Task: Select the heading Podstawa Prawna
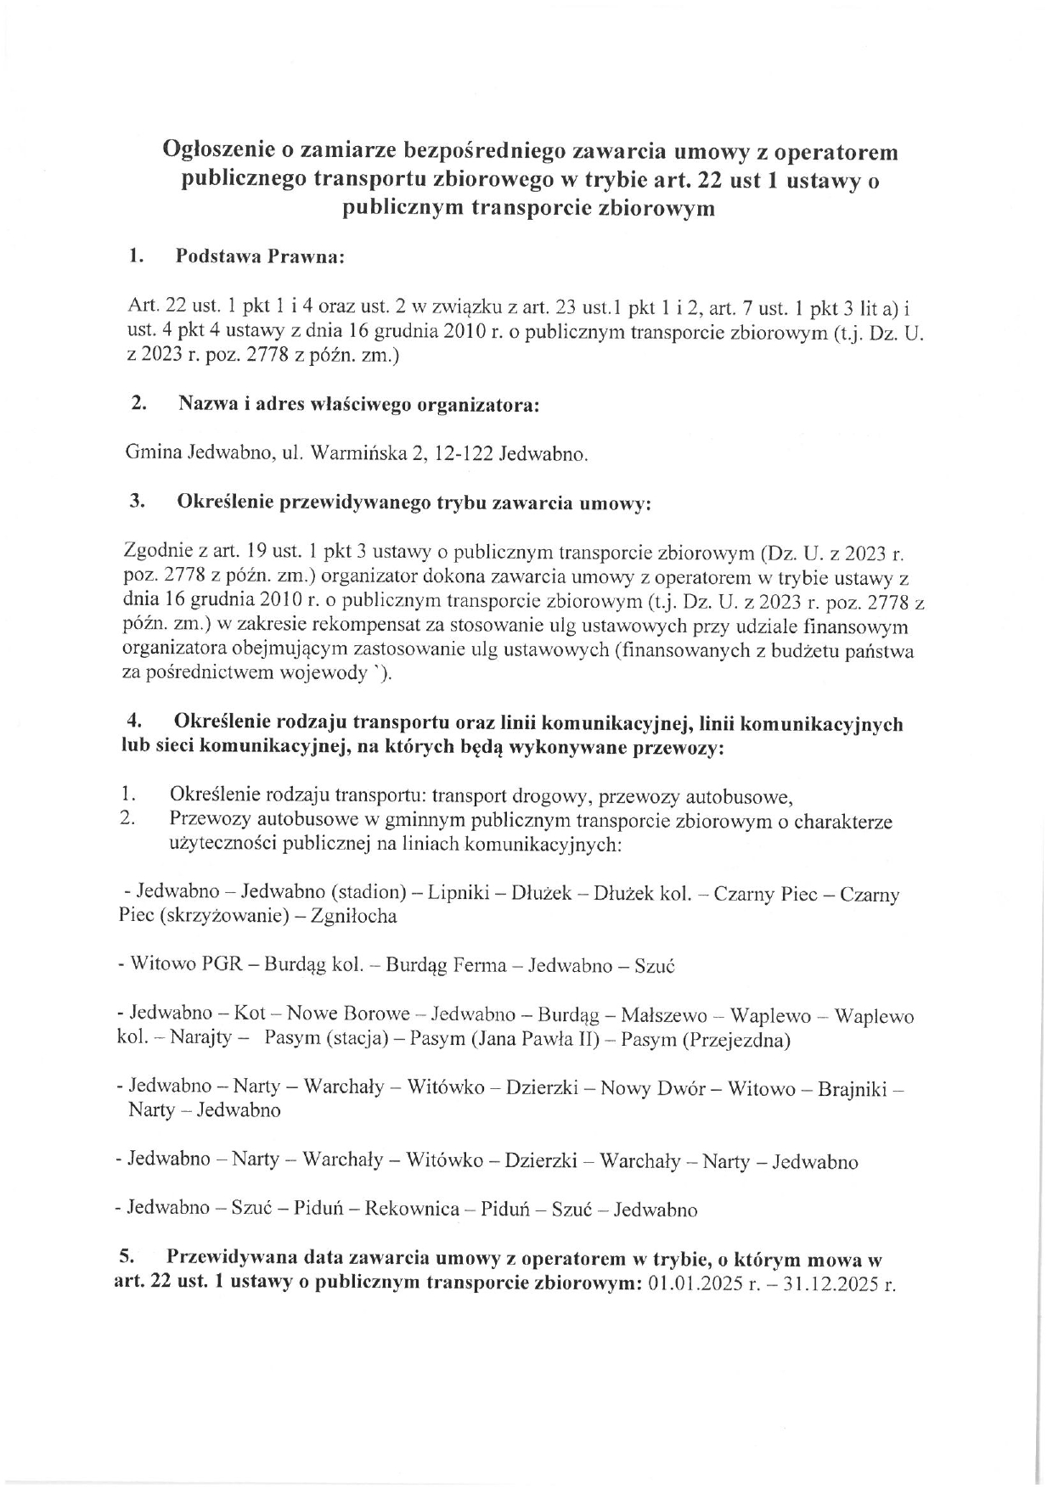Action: point(259,257)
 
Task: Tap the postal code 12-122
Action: point(463,454)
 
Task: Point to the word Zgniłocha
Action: point(354,917)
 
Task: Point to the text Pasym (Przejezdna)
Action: point(706,1040)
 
